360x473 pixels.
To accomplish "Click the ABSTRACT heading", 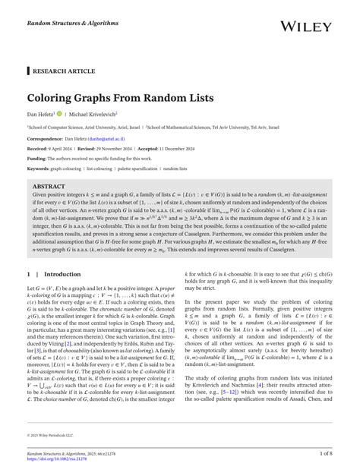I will point(49,184).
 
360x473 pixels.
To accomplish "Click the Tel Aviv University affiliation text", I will point(261,128).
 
